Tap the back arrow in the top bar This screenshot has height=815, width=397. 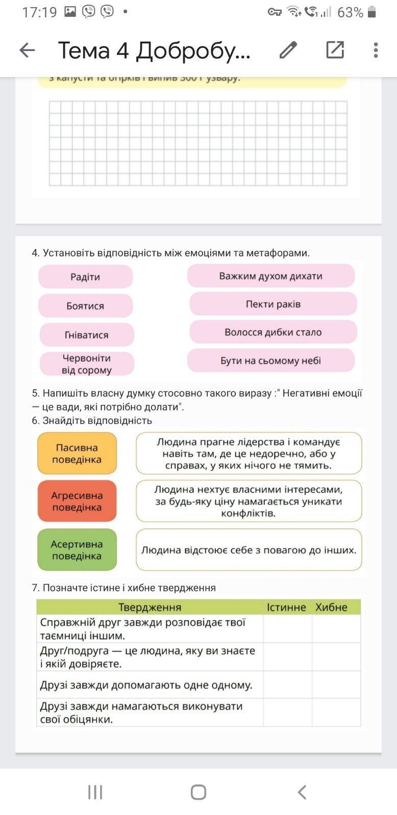point(27,50)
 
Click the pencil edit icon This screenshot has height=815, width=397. point(288,50)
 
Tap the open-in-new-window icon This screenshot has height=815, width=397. point(335,50)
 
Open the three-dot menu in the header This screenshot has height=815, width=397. point(376,50)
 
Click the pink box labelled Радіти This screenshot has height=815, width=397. point(85,277)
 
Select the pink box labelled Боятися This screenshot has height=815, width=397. point(85,306)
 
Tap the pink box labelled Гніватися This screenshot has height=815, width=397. point(87,335)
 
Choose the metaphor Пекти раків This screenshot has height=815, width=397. point(273,304)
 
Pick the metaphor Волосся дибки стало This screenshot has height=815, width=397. point(273,332)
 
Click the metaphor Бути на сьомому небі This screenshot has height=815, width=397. point(270,361)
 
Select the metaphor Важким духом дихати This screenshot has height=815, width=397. point(270,276)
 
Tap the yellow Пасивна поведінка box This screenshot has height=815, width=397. point(77,454)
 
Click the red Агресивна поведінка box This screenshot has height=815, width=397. point(77,501)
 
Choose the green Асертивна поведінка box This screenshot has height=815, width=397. point(77,550)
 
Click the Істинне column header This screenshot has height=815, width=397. point(286,607)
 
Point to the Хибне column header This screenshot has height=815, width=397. point(331,607)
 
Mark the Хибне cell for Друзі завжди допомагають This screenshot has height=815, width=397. point(336,685)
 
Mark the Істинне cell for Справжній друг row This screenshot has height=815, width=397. point(287,629)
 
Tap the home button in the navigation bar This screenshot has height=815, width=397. point(198,792)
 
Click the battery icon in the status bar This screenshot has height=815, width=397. point(372,12)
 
